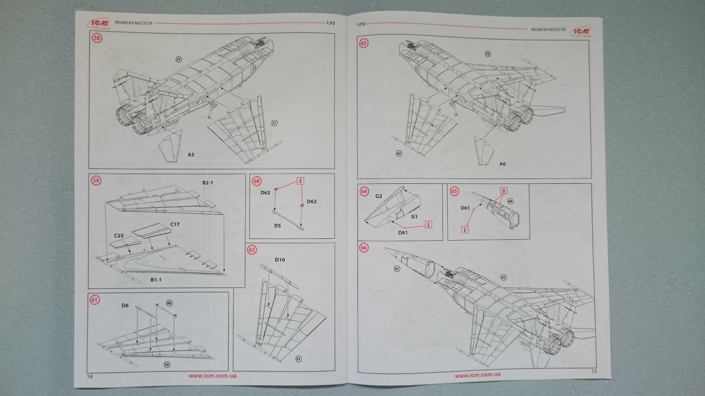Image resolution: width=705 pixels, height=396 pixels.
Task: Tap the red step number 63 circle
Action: tap(364, 44)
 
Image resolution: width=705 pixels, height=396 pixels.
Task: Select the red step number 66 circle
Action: tap(364, 248)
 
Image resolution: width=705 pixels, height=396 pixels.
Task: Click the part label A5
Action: tap(191, 155)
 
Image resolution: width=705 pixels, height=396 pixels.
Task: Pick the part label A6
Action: tap(502, 164)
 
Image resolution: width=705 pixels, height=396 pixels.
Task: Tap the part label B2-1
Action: tap(208, 183)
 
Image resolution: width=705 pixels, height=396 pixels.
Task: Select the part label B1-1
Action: tap(156, 280)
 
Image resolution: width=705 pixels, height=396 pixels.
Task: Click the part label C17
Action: tap(175, 224)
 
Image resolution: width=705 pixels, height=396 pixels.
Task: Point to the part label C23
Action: tap(119, 236)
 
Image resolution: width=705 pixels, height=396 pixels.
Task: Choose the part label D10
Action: tap(280, 260)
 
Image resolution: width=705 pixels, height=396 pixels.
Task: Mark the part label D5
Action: tap(277, 226)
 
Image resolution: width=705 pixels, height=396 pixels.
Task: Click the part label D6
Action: tap(125, 305)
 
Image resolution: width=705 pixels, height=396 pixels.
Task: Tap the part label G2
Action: tap(378, 196)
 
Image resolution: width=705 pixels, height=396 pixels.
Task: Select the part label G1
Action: tap(414, 217)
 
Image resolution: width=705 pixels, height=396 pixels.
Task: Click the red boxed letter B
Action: tap(504, 191)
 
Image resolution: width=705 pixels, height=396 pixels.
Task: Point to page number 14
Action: tap(90, 377)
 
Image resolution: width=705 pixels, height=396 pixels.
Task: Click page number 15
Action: tap(594, 371)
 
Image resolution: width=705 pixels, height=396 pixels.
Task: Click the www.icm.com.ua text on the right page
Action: tap(478, 375)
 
